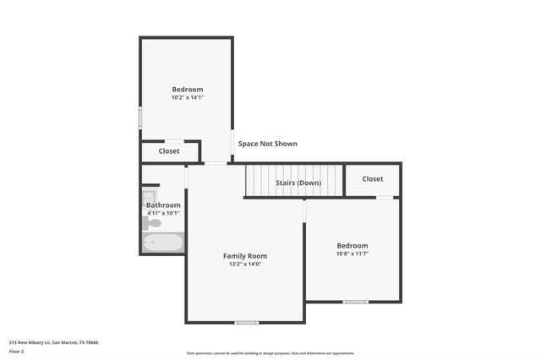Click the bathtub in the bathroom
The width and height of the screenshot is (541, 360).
click(x=162, y=243)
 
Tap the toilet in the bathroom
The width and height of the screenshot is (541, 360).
click(x=153, y=223)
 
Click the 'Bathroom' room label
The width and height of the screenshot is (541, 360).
click(x=163, y=205)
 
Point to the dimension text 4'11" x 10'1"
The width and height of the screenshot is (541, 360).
click(x=163, y=213)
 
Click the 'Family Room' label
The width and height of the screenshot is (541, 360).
click(x=245, y=256)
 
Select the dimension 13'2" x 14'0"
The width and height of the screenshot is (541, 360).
click(x=245, y=265)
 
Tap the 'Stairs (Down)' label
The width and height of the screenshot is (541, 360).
click(x=298, y=183)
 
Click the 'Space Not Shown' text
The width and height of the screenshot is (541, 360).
click(x=267, y=144)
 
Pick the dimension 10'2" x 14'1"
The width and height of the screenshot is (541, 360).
click(x=188, y=98)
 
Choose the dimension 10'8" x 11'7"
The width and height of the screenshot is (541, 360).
click(x=352, y=254)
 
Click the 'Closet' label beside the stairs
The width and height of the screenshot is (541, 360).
click(x=373, y=179)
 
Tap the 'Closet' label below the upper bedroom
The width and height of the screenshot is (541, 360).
click(x=169, y=151)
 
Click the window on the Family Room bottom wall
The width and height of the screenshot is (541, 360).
click(x=246, y=322)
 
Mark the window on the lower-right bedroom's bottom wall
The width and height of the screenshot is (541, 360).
click(x=355, y=302)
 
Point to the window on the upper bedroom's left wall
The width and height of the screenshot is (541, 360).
click(x=140, y=117)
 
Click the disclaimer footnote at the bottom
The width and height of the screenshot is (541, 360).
click(x=270, y=353)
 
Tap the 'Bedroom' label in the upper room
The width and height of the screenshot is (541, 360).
click(x=188, y=90)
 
